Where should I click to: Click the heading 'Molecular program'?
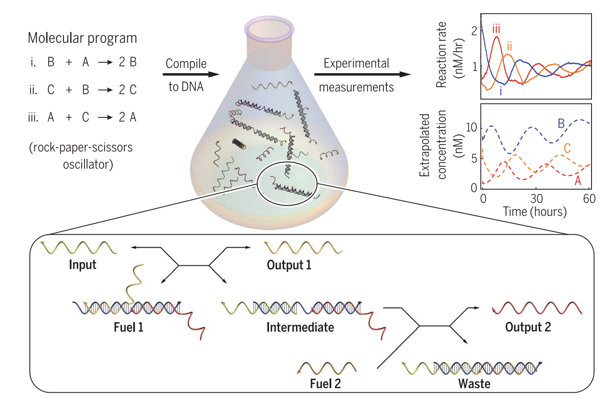82,38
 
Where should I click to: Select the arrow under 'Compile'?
191,74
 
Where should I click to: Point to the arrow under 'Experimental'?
362,74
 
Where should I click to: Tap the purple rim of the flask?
269,27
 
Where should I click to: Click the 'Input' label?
82,264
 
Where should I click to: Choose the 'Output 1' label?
289,265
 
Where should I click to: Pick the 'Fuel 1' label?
128,327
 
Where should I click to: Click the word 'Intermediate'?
300,327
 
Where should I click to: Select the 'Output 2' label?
528,327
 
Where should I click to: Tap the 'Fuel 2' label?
325,383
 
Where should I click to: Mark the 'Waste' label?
474,383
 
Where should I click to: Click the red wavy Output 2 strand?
537,308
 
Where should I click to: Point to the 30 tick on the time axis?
536,198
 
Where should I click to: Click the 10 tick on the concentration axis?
472,127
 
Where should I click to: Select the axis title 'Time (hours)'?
535,212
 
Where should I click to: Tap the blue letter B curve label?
561,124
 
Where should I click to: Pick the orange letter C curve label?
567,148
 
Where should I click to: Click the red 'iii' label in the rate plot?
496,29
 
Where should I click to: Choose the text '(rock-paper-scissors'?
81,148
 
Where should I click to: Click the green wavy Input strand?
79,248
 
